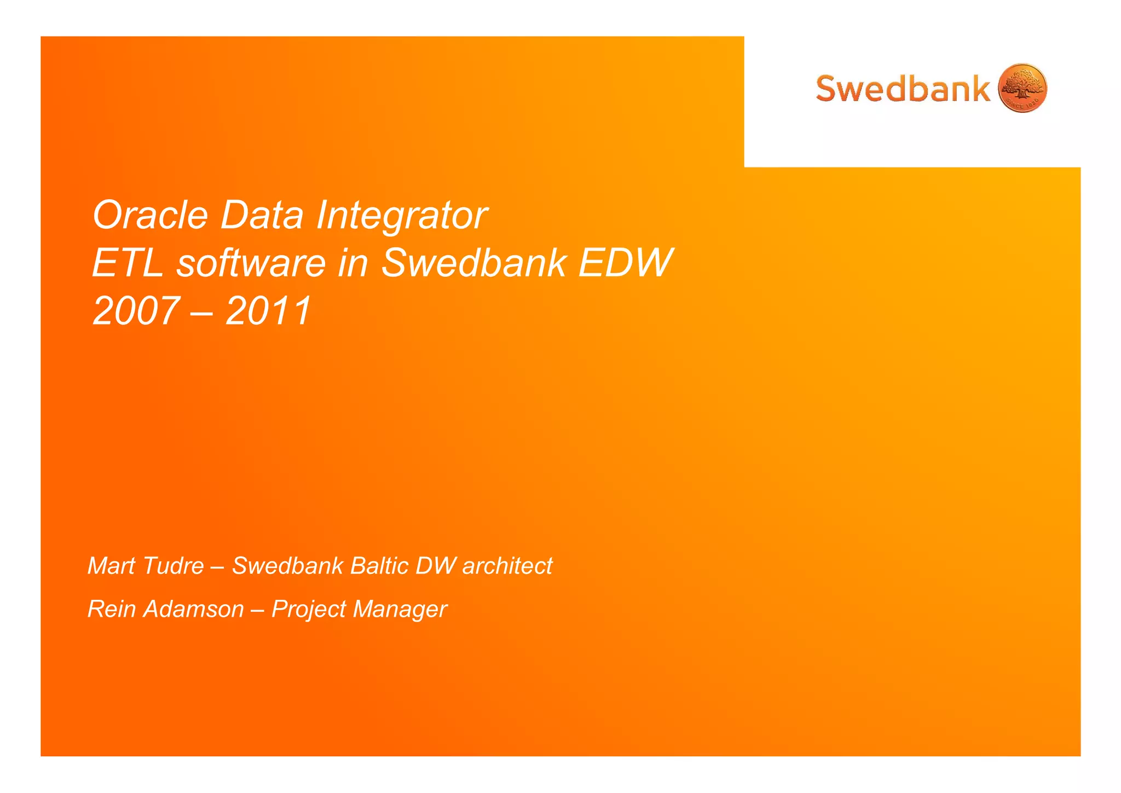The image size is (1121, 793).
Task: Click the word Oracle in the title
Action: pyautogui.click(x=151, y=215)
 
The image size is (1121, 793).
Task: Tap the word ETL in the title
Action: pyautogui.click(x=128, y=263)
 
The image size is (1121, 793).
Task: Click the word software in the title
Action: pyautogui.click(x=251, y=263)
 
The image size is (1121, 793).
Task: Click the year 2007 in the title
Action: pyautogui.click(x=136, y=311)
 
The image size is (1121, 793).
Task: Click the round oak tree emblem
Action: pyautogui.click(x=1022, y=88)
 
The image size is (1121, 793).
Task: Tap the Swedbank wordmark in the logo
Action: pyautogui.click(x=903, y=89)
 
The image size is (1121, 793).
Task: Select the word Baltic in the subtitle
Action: pyautogui.click(x=379, y=566)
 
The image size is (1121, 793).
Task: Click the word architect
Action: pyautogui.click(x=507, y=566)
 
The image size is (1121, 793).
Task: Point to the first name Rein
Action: pyautogui.click(x=112, y=609)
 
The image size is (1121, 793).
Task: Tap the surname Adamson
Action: pyautogui.click(x=193, y=609)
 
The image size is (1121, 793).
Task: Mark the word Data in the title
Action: pyautogui.click(x=262, y=215)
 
